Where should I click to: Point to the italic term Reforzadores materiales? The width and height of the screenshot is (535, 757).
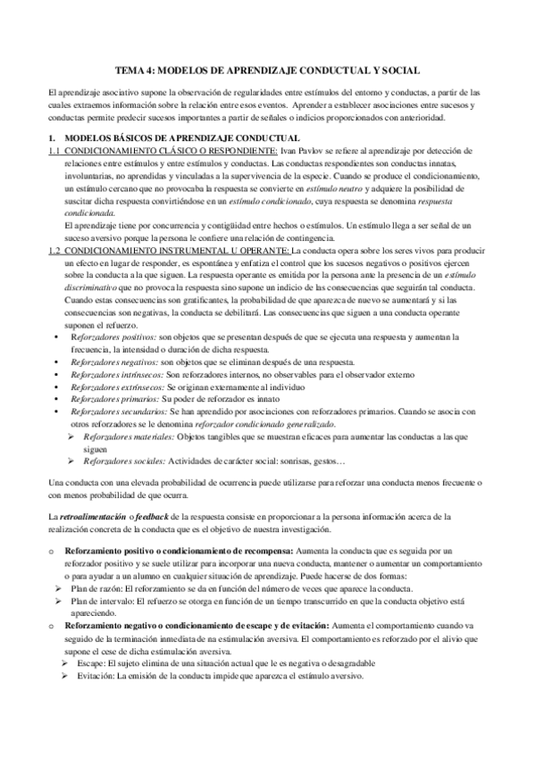click(x=129, y=437)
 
